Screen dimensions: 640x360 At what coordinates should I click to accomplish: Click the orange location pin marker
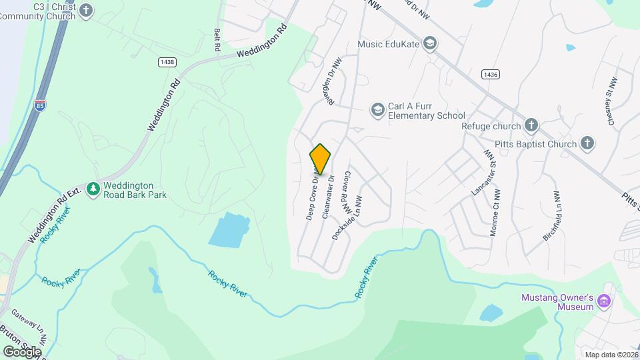[321, 159]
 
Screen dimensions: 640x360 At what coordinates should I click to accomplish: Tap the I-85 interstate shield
[40, 105]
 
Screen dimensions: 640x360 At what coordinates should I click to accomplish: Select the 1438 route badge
[167, 62]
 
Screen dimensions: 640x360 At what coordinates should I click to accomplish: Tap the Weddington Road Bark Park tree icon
[93, 190]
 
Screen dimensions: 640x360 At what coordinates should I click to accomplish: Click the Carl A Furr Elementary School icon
[378, 109]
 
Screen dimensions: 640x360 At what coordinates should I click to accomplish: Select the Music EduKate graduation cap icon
[430, 44]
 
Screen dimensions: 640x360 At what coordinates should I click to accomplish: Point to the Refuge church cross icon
[531, 125]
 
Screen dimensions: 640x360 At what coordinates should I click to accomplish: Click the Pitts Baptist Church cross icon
[587, 143]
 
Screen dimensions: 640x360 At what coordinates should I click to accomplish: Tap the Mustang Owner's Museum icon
[605, 301]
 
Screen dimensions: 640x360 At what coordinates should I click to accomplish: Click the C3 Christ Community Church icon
[87, 10]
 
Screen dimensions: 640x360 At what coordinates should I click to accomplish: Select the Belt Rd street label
[217, 40]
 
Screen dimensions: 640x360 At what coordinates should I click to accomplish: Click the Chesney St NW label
[610, 98]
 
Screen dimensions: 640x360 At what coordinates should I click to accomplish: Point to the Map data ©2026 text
[610, 355]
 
